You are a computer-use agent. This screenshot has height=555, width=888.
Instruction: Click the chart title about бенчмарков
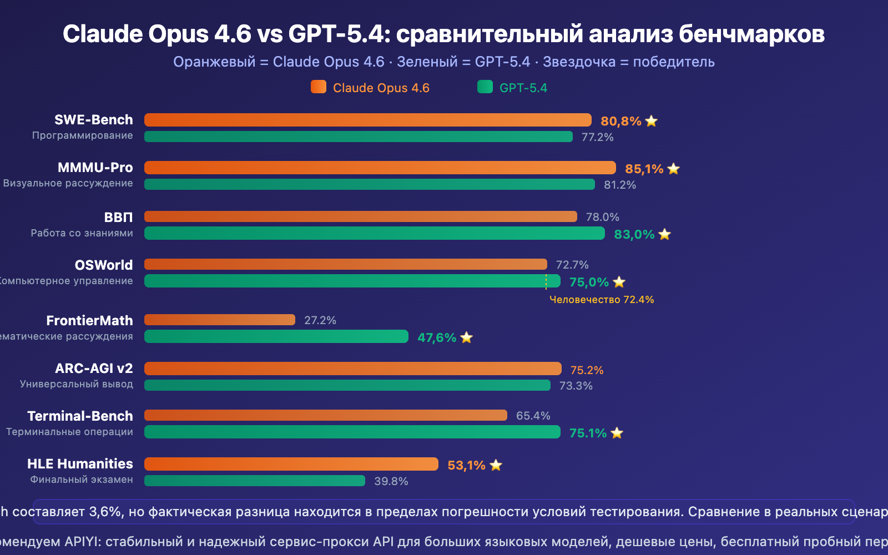click(x=443, y=34)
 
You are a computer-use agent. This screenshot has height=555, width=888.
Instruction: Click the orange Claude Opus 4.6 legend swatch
click(x=319, y=87)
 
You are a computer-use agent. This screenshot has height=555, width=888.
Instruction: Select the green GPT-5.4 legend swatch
click(x=485, y=87)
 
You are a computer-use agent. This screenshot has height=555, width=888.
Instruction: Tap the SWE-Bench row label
click(x=94, y=120)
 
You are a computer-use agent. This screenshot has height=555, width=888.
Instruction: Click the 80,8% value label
click(x=620, y=121)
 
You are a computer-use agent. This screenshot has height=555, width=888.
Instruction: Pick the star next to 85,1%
click(x=674, y=169)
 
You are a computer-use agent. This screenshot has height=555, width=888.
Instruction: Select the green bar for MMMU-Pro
click(x=369, y=184)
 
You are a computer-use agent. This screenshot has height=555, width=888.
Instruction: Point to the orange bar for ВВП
click(x=361, y=216)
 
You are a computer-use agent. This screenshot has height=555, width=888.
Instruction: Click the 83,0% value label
click(x=634, y=234)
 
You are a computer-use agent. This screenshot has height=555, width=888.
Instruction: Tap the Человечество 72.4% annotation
click(x=602, y=300)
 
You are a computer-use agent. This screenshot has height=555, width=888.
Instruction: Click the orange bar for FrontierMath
click(x=220, y=320)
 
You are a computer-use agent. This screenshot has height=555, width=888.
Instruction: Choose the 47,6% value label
click(x=437, y=337)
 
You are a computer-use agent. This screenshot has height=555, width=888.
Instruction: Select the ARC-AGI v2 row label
click(x=94, y=369)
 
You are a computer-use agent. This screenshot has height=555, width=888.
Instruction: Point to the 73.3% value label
click(x=576, y=386)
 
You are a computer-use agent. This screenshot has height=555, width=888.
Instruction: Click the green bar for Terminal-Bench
click(x=352, y=432)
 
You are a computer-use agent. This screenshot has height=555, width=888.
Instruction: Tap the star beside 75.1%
click(x=617, y=433)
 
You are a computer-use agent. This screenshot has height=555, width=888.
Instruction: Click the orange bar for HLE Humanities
click(x=291, y=464)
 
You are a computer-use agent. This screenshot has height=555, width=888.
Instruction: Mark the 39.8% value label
click(x=391, y=481)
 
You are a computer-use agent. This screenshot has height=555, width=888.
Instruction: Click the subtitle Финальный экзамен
click(x=82, y=480)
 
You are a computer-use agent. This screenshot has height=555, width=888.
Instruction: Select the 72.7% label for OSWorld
click(x=572, y=265)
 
